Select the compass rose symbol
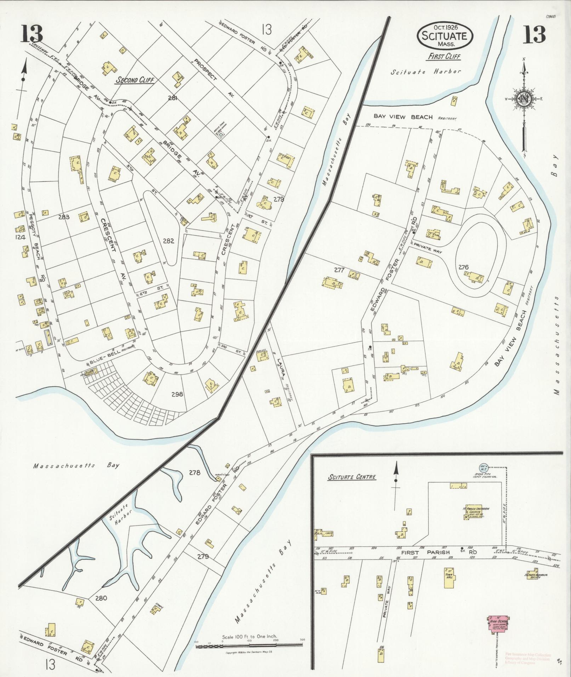tap(524, 98)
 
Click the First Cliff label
tap(444, 56)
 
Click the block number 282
tap(168, 241)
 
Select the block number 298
tap(177, 394)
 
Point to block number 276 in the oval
tap(463, 267)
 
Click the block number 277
tap(339, 270)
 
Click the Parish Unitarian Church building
tap(474, 513)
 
